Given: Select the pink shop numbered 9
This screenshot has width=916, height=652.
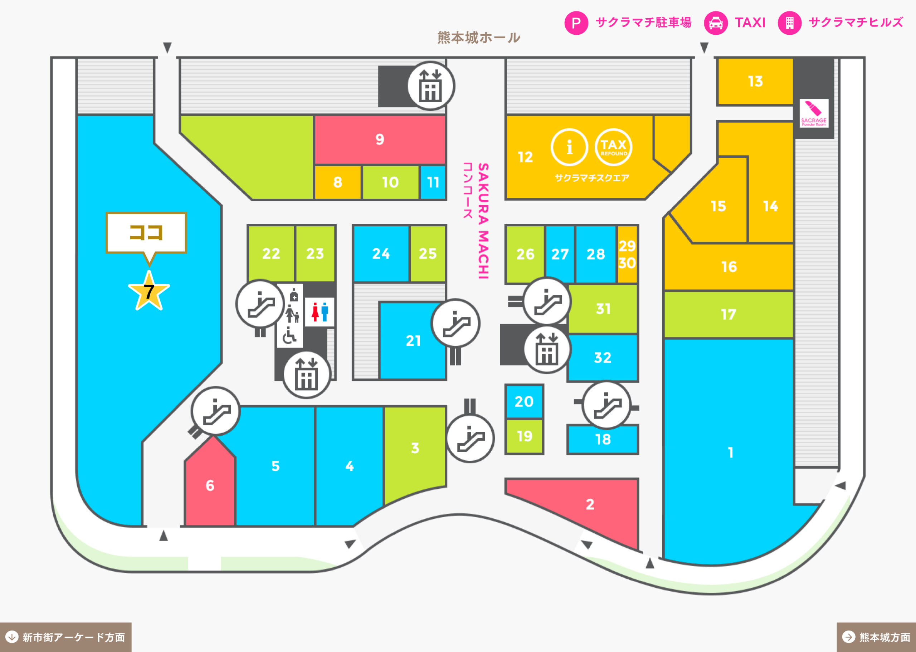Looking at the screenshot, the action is (380, 140).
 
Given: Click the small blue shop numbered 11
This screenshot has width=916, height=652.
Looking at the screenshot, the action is (433, 183).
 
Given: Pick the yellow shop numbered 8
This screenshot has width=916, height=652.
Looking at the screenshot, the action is (337, 183).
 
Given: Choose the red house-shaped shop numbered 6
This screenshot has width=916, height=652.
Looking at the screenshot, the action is (210, 482).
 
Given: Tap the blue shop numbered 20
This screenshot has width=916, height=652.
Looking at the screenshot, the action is (524, 401).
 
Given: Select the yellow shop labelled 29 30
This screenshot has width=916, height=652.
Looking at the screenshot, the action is (627, 254).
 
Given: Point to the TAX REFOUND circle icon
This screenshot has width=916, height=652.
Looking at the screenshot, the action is (613, 147).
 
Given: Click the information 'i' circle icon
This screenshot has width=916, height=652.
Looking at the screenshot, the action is (569, 147).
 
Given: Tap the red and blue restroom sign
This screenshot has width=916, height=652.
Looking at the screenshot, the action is (320, 312).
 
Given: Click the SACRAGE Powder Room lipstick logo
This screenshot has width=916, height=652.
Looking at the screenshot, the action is (814, 113).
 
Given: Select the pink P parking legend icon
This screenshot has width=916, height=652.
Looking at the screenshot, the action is (576, 23).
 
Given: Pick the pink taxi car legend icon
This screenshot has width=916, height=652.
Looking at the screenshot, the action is (716, 23).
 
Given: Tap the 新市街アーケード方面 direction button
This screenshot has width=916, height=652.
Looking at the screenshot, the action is (65, 637).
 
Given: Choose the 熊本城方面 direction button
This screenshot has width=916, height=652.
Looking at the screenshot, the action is (876, 637).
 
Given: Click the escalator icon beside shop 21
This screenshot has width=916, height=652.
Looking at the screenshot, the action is (455, 323).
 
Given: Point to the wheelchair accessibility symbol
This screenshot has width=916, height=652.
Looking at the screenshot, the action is (289, 336).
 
